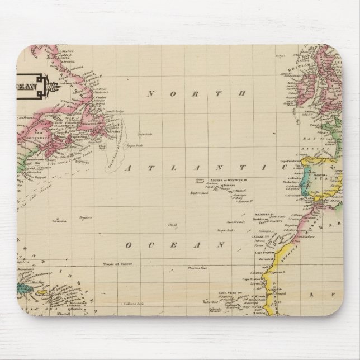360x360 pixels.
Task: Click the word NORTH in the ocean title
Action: (x=197, y=94)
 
